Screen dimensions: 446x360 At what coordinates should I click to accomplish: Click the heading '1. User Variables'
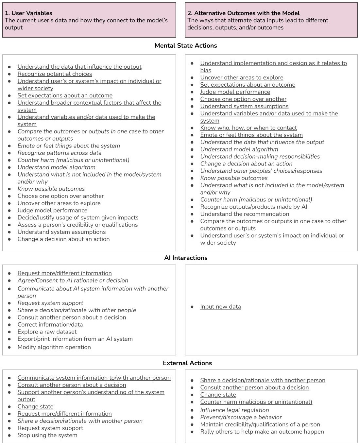pyautogui.click(x=28, y=13)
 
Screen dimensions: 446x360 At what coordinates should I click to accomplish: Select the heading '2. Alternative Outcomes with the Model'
pyautogui.click(x=243, y=13)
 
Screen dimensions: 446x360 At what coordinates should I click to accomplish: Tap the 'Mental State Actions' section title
pyautogui.click(x=186, y=45)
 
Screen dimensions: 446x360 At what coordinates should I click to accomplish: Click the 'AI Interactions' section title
pyautogui.click(x=186, y=258)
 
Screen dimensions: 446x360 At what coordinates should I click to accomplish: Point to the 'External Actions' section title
pyautogui.click(x=187, y=363)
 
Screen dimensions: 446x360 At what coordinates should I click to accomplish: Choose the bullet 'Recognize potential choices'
pyautogui.click(x=55, y=74)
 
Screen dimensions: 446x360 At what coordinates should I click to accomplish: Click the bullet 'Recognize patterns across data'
pyautogui.click(x=60, y=153)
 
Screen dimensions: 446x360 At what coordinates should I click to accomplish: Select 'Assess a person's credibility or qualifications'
pyautogui.click(x=77, y=225)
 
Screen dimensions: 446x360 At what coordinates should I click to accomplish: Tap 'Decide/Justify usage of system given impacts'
pyautogui.click(x=78, y=217)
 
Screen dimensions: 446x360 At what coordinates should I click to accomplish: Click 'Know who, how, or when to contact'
pyautogui.click(x=249, y=128)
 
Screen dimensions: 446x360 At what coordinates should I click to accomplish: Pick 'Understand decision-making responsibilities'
pyautogui.click(x=260, y=156)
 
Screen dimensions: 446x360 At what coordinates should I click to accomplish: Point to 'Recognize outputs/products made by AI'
pyautogui.click(x=253, y=207)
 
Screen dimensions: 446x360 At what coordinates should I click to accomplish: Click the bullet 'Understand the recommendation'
pyautogui.click(x=245, y=214)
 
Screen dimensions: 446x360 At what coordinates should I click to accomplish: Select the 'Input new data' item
pyautogui.click(x=220, y=307)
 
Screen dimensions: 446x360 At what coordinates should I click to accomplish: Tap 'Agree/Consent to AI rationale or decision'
pyautogui.click(x=73, y=280)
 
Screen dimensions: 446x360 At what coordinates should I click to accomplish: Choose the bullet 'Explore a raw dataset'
pyautogui.click(x=47, y=332)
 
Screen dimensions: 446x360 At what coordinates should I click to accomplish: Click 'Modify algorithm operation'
pyautogui.click(x=54, y=347)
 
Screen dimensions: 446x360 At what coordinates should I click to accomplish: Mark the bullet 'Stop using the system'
pyautogui.click(x=47, y=435)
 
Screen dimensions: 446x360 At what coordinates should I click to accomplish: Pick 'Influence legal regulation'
pyautogui.click(x=234, y=410)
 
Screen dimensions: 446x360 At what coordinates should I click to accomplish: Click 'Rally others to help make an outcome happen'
pyautogui.click(x=262, y=432)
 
